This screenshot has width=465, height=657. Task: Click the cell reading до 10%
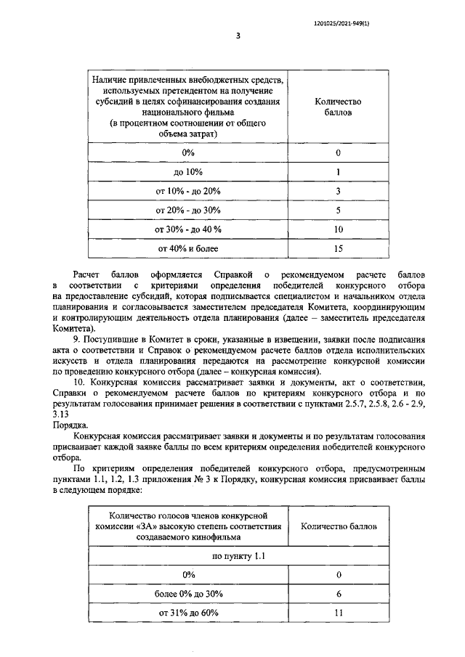[x=188, y=172]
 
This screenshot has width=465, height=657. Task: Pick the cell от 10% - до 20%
[x=188, y=191]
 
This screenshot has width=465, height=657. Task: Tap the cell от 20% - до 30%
[x=188, y=211]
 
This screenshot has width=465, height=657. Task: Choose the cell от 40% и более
[x=188, y=248]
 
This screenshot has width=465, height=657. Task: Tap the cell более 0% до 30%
[x=188, y=593]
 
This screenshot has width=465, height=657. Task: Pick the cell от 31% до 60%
[x=188, y=613]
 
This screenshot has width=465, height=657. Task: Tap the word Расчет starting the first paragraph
[x=89, y=274]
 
